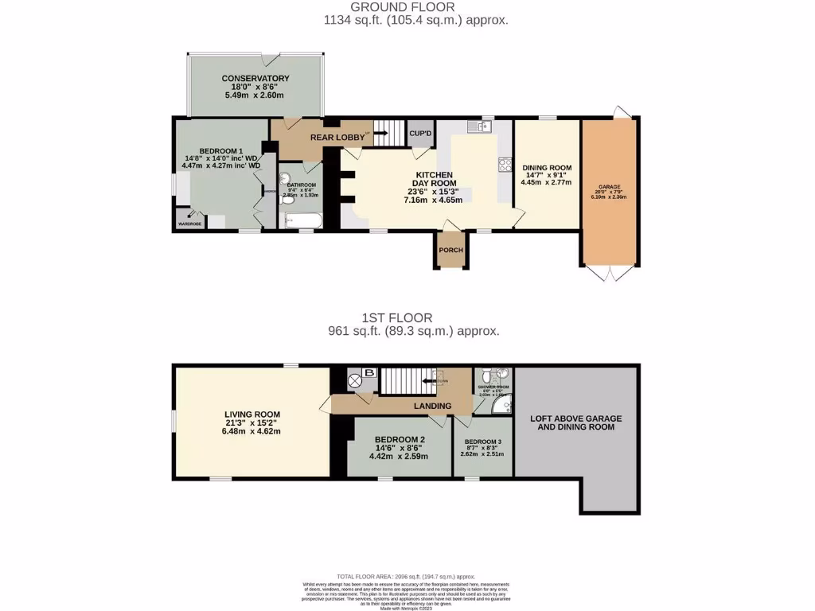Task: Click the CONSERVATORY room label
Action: tap(255, 79)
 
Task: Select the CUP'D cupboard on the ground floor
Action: tap(419, 134)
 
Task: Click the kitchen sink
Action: tap(480, 126)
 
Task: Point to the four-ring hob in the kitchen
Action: tap(505, 165)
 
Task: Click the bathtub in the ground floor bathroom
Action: tap(302, 220)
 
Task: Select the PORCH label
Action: tap(450, 250)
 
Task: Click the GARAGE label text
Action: tap(610, 189)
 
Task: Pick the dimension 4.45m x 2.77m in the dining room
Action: tap(547, 181)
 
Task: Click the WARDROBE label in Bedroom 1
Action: tap(189, 224)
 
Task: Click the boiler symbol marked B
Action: tap(368, 372)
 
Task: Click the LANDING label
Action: tap(432, 407)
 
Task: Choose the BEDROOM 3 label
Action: tap(483, 442)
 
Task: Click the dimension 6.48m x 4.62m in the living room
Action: tap(252, 431)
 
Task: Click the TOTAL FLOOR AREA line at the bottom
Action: tap(406, 576)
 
